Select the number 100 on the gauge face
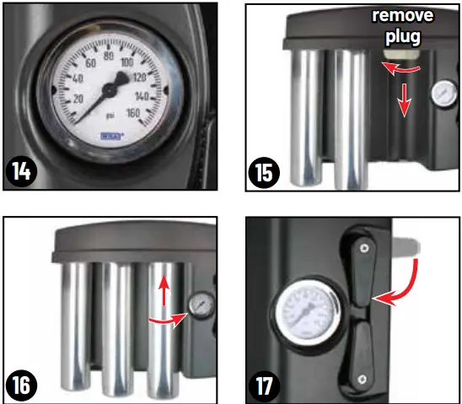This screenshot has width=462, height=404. (129, 62)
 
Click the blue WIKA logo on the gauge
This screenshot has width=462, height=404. (110, 133)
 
